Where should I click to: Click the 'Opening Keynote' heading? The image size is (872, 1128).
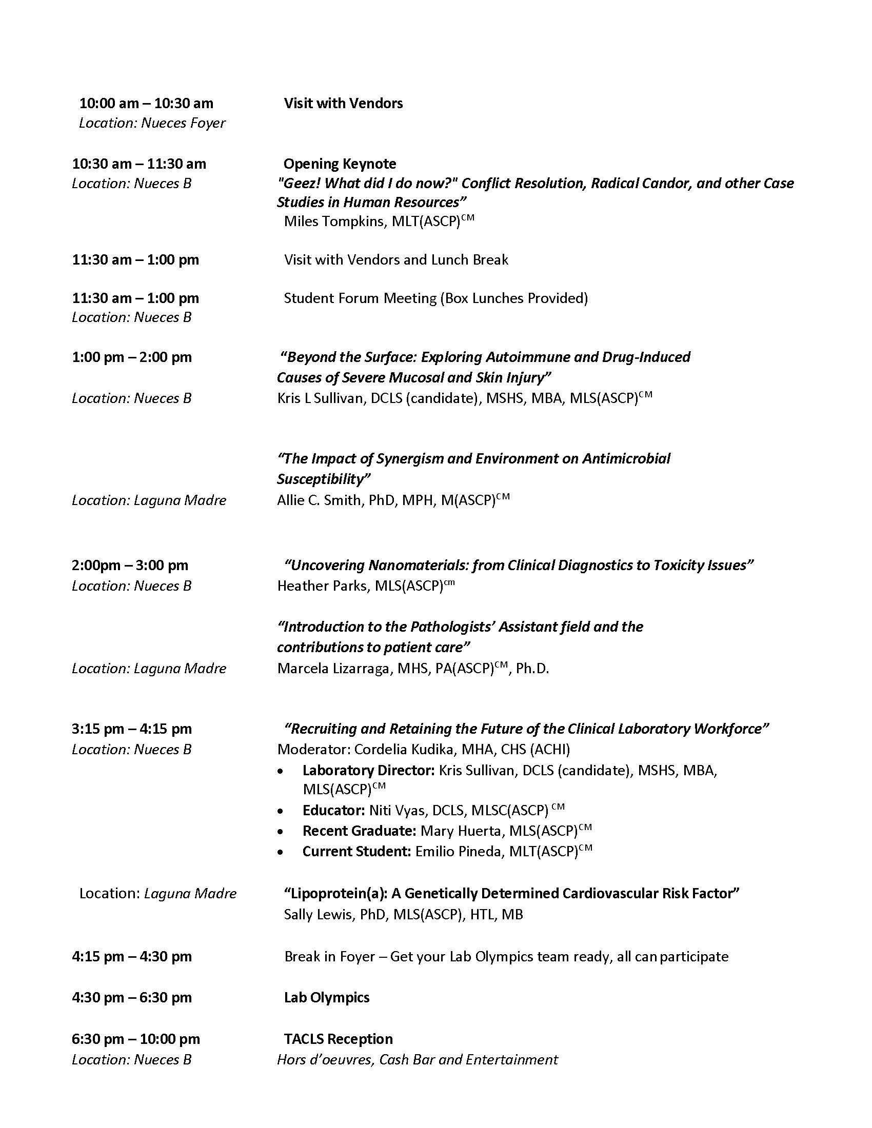(340, 164)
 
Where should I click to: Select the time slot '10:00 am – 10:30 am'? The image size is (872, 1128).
(146, 103)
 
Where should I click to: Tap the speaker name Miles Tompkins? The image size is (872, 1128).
(333, 221)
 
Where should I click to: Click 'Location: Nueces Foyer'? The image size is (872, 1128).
(152, 123)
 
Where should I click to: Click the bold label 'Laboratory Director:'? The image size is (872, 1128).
(368, 770)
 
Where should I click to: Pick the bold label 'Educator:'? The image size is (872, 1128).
(334, 810)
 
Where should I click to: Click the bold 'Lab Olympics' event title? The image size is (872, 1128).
(326, 997)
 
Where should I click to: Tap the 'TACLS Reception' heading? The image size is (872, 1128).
(338, 1039)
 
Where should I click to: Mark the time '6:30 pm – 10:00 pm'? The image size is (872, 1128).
(135, 1039)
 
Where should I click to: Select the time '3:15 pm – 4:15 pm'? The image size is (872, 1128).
(132, 729)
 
